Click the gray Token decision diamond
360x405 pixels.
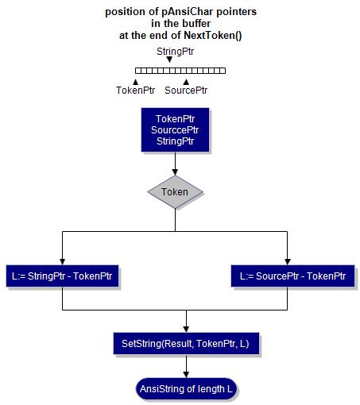click(x=175, y=192)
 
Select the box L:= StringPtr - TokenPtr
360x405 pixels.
click(x=61, y=276)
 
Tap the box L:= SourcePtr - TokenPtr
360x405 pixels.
click(x=292, y=276)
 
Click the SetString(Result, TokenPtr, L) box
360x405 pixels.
click(x=186, y=344)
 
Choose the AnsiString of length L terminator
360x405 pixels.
click(x=186, y=389)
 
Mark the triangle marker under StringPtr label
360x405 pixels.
click(x=169, y=60)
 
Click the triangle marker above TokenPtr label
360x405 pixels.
click(x=135, y=80)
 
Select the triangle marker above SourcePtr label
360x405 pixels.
click(x=186, y=80)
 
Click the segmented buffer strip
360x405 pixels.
click(x=180, y=70)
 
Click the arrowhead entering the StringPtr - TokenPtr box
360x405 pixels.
click(x=61, y=260)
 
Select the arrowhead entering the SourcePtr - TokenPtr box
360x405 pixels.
click(x=288, y=260)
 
